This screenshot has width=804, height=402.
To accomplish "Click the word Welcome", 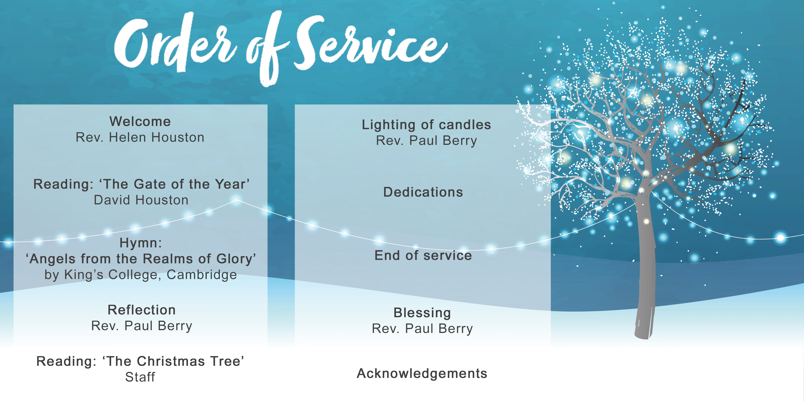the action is pos(140,121).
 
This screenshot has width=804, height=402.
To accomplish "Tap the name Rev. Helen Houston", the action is pos(140,137).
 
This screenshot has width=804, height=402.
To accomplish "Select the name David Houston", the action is pos(141,200).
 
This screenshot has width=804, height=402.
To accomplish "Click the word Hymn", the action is pos(139,243).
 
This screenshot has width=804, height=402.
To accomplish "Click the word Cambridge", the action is pos(202,275).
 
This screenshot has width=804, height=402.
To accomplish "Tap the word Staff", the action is pos(140,377).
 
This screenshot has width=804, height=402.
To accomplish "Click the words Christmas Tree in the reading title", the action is pos(189,361).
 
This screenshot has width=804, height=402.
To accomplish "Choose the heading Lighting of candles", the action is pos(426,125).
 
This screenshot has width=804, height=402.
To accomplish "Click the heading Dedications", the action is pos(423,192).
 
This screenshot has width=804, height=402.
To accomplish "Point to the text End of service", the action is pos(423,255).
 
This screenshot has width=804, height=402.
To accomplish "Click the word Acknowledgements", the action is pos(422,374).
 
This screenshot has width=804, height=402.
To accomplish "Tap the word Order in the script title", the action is pos(175,42).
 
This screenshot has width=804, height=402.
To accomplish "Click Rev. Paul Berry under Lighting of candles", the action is pos(426,141).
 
